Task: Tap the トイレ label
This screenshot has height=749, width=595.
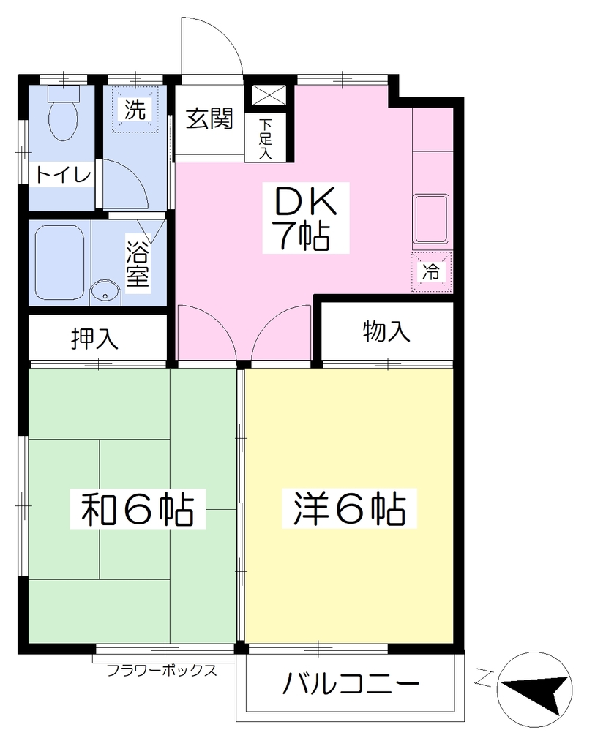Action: coord(63,176)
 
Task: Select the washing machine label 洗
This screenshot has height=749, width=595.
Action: coord(135,110)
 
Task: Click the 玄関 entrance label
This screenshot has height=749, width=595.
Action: coord(209,118)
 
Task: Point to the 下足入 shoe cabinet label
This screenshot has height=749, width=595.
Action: coord(265,138)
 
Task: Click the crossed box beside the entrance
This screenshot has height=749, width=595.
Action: coord(269,95)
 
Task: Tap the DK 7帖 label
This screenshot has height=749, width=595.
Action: coord(305,218)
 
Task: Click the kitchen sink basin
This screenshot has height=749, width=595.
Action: coord(432,219)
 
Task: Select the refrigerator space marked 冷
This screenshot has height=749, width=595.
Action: coord(432,272)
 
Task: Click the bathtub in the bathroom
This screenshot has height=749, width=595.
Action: coord(59,263)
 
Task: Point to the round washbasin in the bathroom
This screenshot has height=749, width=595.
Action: coord(105,292)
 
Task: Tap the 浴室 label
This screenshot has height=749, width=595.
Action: coord(138,264)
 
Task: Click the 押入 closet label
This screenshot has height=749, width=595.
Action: coord(94,339)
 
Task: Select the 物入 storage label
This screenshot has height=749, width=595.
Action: coord(386,331)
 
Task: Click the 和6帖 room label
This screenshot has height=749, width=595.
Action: coord(138,508)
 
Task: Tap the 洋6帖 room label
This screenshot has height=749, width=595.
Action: coord(349,508)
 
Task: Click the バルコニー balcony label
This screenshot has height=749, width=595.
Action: coord(351,685)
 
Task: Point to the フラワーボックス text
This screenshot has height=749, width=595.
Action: coord(162,670)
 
